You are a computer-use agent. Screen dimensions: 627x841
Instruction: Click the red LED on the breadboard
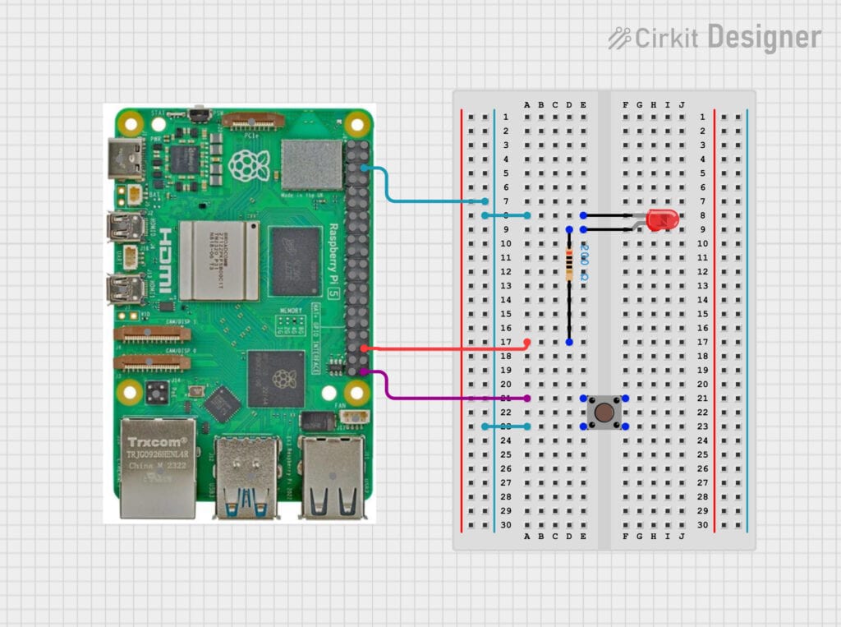coord(662,220)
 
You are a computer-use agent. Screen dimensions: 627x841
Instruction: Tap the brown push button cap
coord(604,411)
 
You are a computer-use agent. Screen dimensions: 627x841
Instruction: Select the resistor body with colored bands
coord(569,265)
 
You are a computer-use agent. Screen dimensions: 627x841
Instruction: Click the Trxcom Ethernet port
coord(159,468)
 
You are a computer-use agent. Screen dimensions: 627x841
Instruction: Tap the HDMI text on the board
coord(163,261)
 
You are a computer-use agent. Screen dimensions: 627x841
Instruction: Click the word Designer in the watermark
coord(764,38)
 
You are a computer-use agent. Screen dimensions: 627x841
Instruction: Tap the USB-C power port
coord(124,159)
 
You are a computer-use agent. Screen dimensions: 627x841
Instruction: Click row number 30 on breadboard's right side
coord(702,525)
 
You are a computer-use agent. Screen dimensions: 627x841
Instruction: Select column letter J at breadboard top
coord(681,104)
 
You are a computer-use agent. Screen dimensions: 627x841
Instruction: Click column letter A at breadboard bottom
coord(526,537)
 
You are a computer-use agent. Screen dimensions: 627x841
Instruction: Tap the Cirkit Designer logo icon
coord(619,37)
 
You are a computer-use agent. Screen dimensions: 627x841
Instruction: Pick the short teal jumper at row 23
coord(506,426)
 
